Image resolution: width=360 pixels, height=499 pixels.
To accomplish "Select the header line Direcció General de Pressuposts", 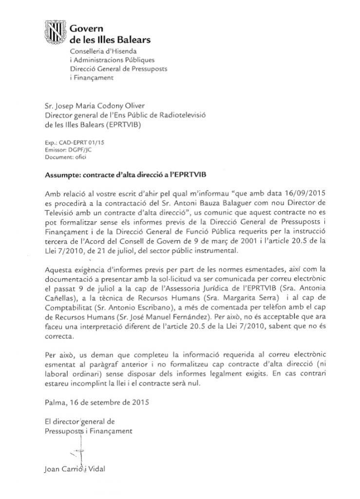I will click(x=119, y=69).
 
